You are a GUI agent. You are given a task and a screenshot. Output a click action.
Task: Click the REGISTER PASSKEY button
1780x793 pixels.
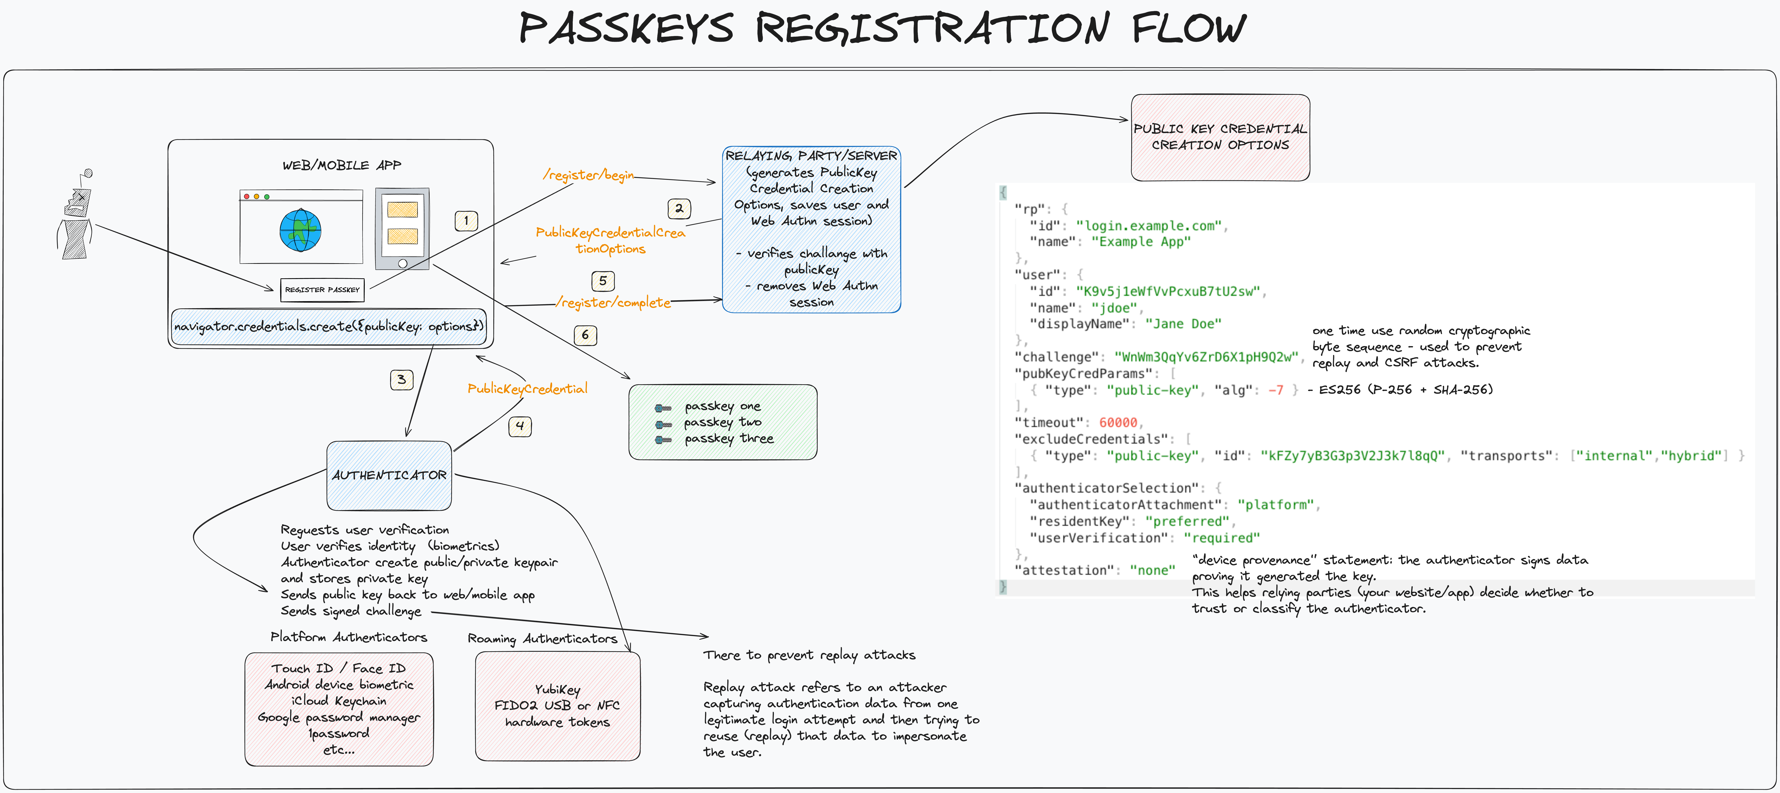[x=322, y=290]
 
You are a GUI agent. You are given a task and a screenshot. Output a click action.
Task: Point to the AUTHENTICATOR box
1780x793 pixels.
[x=389, y=475]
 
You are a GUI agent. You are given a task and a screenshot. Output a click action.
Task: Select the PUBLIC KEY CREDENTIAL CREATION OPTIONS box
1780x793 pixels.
[x=1220, y=137]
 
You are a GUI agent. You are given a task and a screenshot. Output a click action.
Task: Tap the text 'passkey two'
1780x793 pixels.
[x=722, y=422]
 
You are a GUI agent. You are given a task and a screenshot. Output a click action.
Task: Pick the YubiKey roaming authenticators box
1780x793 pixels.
[x=557, y=705]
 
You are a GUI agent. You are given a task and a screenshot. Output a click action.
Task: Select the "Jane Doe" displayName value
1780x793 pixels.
[x=1183, y=324]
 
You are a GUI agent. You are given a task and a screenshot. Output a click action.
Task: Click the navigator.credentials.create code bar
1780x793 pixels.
[x=329, y=326]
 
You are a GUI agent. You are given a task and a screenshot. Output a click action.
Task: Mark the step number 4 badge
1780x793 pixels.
[x=520, y=426]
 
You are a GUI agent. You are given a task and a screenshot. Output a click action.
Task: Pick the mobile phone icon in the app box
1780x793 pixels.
[x=402, y=228]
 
